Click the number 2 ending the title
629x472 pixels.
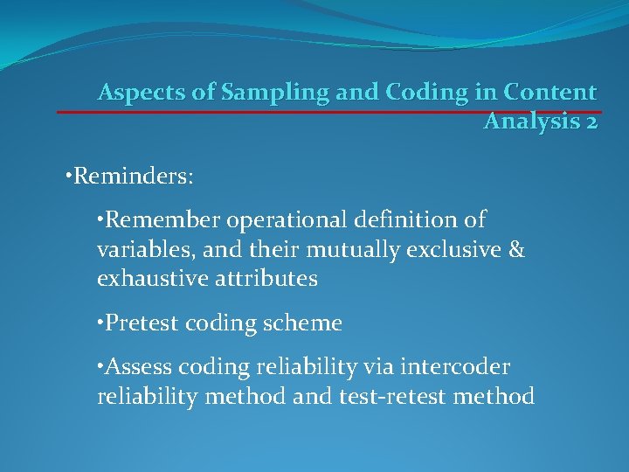pyautogui.click(x=591, y=121)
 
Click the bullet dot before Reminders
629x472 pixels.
pyautogui.click(x=69, y=177)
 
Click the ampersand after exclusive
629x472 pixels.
pyautogui.click(x=516, y=249)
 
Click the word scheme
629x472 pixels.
pyautogui.click(x=308, y=323)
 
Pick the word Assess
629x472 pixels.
pyautogui.click(x=135, y=367)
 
